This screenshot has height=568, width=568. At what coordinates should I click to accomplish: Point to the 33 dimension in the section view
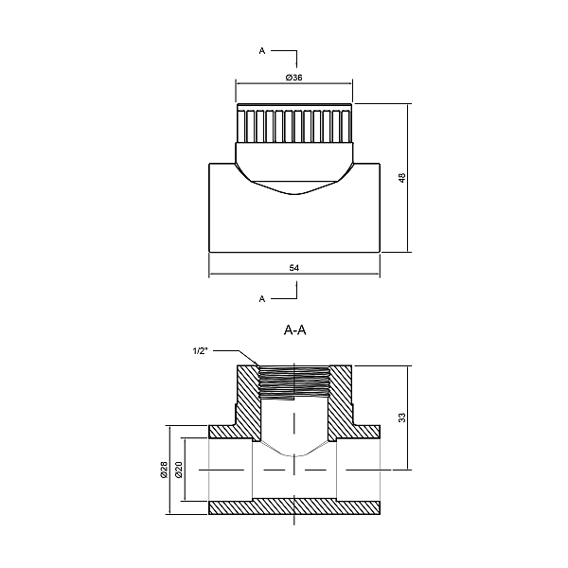[x=401, y=417]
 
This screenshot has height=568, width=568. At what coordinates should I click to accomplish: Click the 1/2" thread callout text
[x=200, y=350]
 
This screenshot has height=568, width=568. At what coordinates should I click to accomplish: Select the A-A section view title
[x=294, y=330]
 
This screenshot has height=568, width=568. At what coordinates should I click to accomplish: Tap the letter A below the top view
[x=262, y=299]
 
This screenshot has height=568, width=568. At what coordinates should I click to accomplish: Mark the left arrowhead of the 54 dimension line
[x=211, y=276]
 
